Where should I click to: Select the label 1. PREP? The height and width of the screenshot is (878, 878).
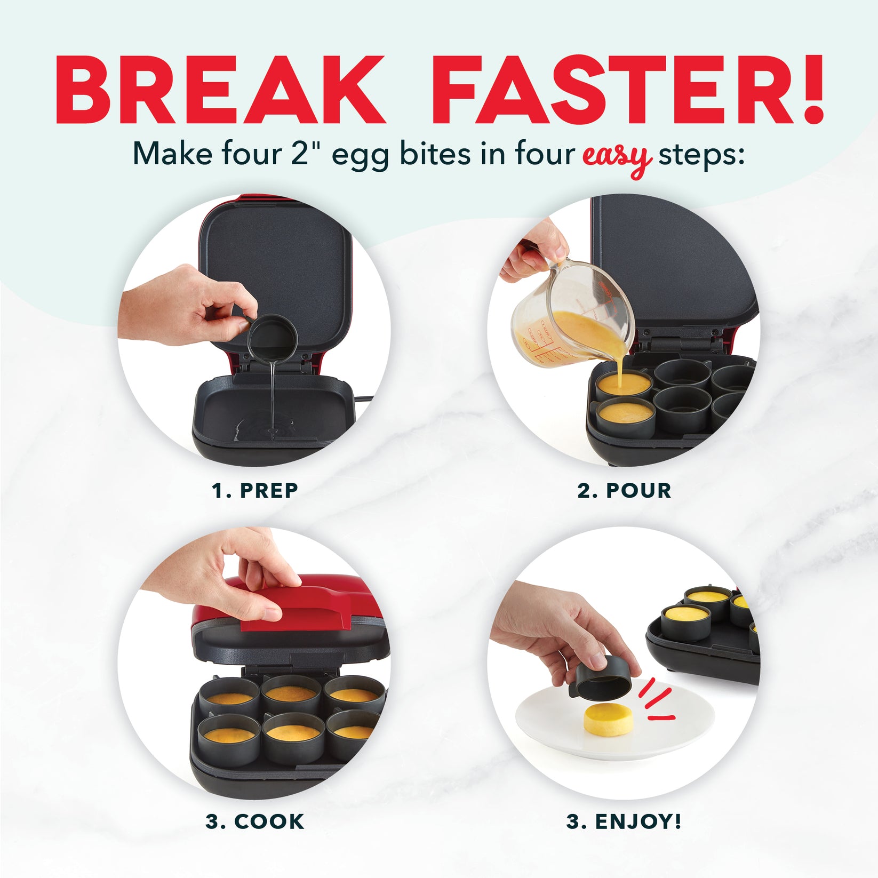pyautogui.click(x=255, y=490)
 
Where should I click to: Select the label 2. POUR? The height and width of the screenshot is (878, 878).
pyautogui.click(x=624, y=490)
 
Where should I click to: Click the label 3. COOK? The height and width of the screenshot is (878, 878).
pyautogui.click(x=255, y=821)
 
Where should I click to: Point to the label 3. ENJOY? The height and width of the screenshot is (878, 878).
pyautogui.click(x=624, y=821)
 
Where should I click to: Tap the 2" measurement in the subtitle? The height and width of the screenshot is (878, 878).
pyautogui.click(x=307, y=154)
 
